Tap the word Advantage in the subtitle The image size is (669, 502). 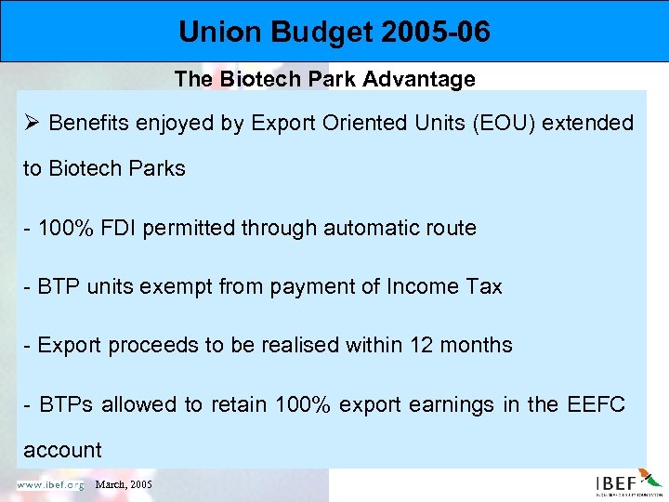pos(426,79)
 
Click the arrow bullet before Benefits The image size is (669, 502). pos(33,123)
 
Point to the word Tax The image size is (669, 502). pos(483,286)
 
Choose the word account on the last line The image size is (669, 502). pos(62,450)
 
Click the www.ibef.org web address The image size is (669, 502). pos(49,484)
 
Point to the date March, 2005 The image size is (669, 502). pos(123,484)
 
